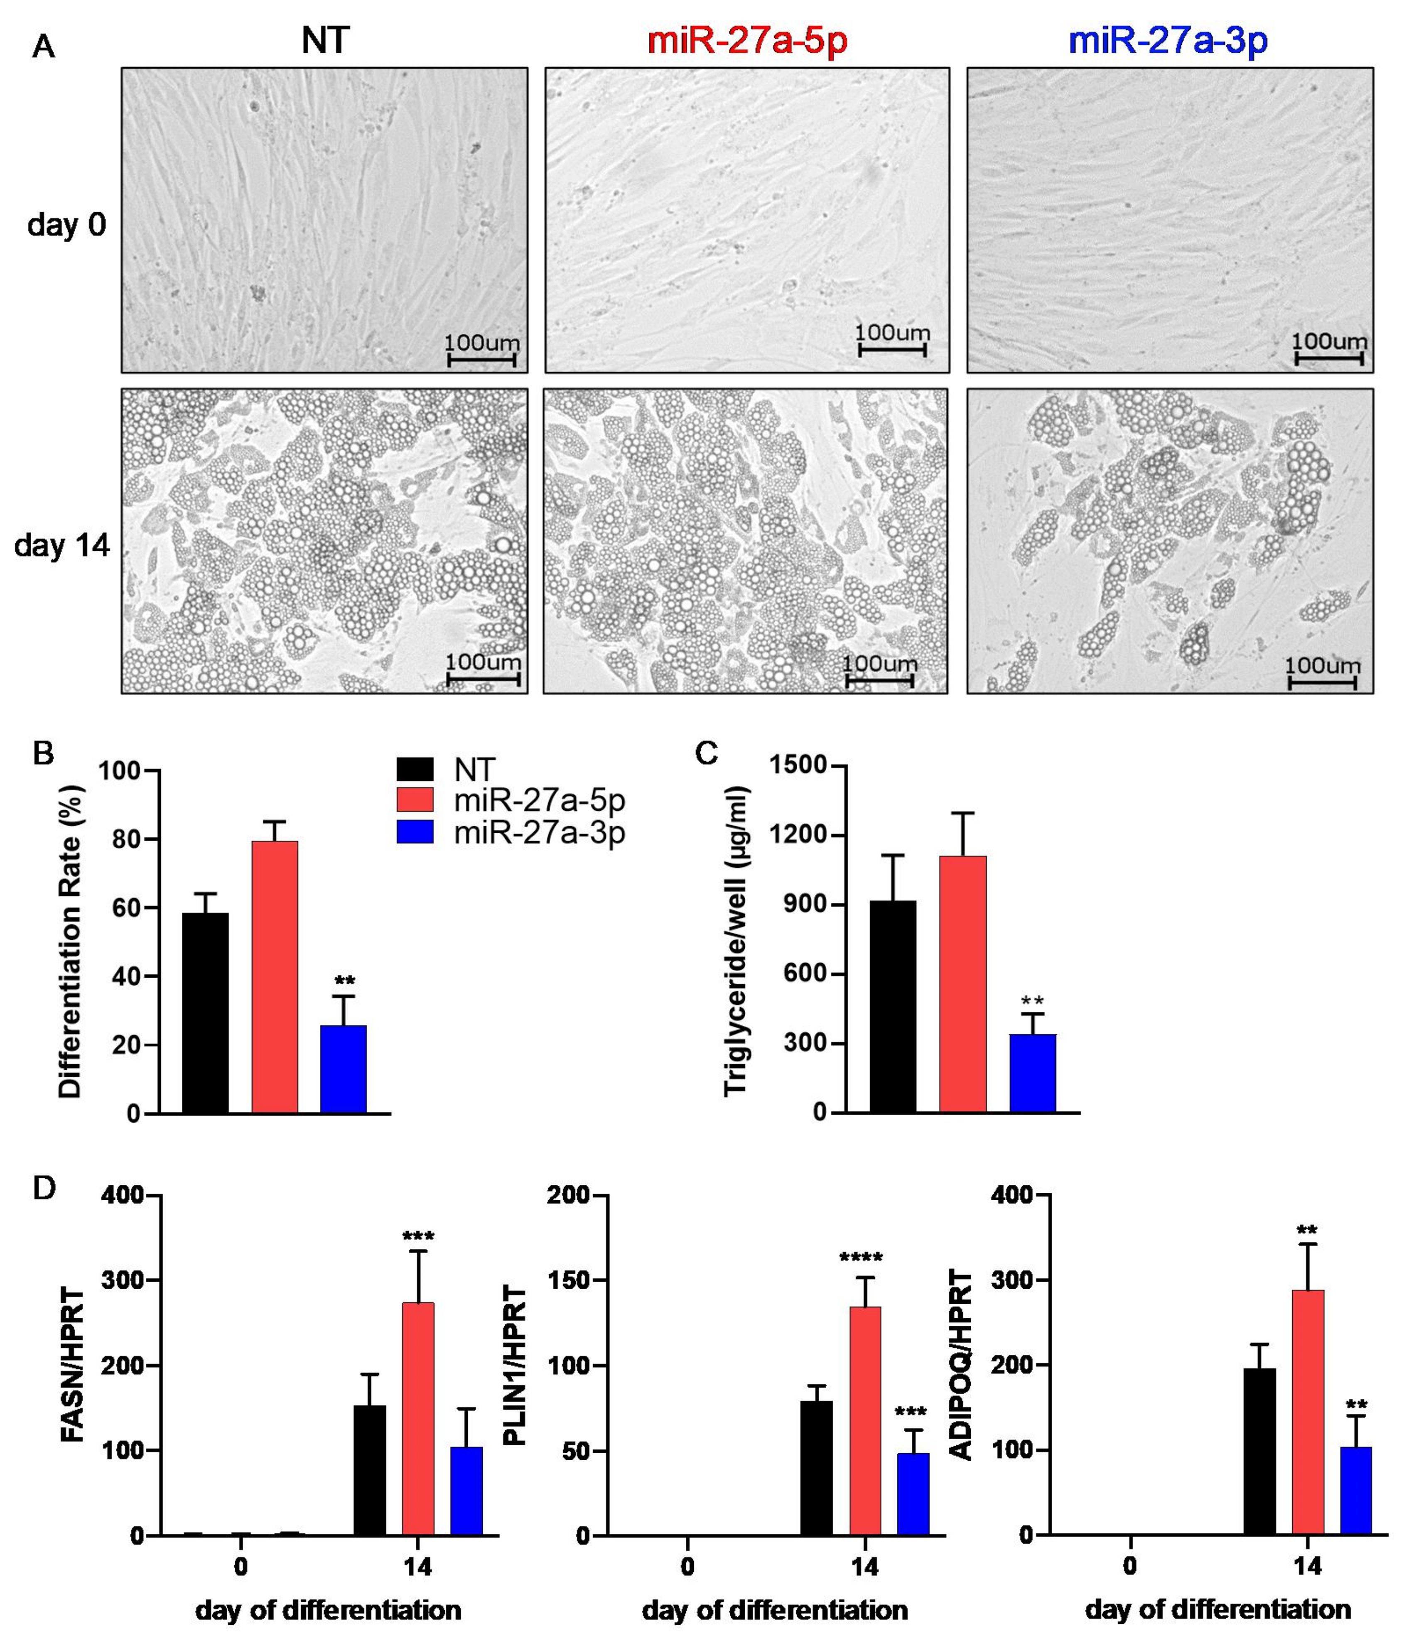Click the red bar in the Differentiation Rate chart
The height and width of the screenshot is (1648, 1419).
(275, 977)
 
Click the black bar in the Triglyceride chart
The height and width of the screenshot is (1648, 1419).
(892, 1006)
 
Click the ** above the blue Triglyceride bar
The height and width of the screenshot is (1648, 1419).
(1032, 1001)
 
